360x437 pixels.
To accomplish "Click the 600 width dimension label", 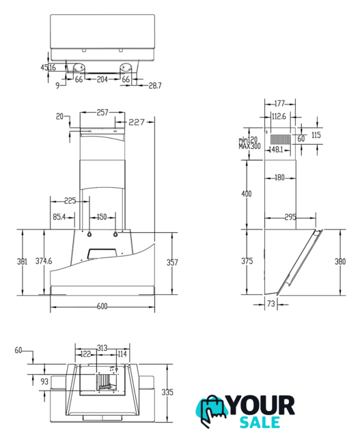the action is coord(102,307).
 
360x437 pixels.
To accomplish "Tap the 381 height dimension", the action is coord(23,262).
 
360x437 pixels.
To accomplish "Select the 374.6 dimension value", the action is coord(44,261).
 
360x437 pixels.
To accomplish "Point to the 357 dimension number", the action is coord(172,262).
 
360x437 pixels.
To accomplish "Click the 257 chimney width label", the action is coord(102,112).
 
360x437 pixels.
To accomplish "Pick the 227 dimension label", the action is coord(137,122).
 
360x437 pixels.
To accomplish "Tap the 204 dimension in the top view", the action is coord(102,79).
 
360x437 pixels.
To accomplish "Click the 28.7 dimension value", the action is coord(155,85).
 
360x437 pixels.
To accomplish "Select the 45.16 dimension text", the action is coord(49,67).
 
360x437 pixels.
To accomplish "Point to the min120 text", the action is coord(248,140).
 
